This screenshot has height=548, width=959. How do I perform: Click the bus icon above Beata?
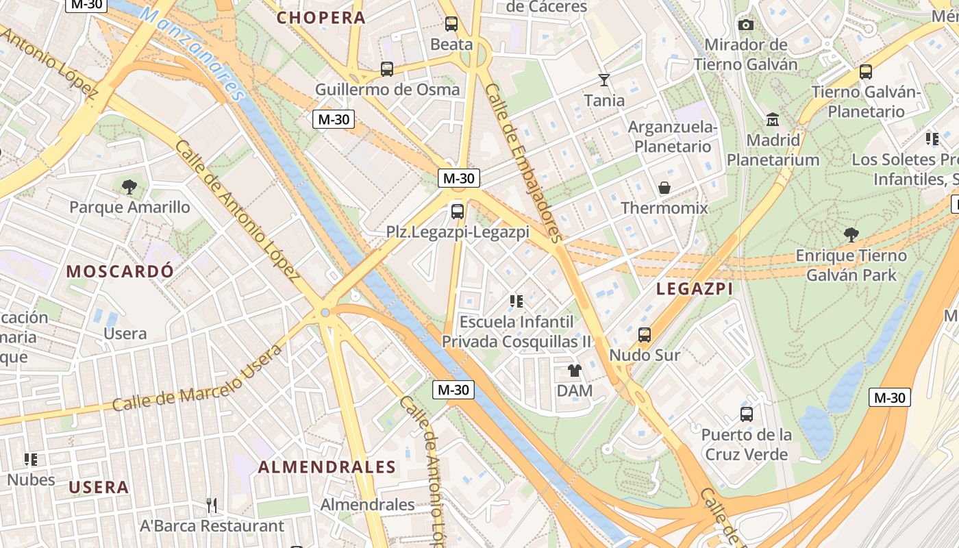pyautogui.click(x=451, y=24)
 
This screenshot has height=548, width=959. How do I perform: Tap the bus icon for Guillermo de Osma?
pyautogui.click(x=386, y=69)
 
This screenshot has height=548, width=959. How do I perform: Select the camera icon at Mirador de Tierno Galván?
pyautogui.click(x=746, y=25)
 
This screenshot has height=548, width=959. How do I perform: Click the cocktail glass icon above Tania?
pyautogui.click(x=603, y=80)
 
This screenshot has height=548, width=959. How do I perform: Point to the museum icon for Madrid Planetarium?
pyautogui.click(x=773, y=120)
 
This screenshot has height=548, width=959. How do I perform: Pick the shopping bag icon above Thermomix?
pyautogui.click(x=664, y=188)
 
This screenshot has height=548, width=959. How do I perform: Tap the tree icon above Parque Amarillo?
pyautogui.click(x=129, y=186)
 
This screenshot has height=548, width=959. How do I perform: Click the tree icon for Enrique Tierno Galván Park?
pyautogui.click(x=851, y=235)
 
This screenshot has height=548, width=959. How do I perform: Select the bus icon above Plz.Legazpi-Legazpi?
pyautogui.click(x=458, y=211)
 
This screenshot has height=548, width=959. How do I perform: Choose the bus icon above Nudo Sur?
pyautogui.click(x=644, y=335)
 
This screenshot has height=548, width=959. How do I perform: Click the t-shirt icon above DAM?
pyautogui.click(x=574, y=371)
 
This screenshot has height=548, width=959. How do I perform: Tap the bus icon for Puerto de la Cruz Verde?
pyautogui.click(x=746, y=414)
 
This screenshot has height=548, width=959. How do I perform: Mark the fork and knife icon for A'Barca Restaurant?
pyautogui.click(x=212, y=506)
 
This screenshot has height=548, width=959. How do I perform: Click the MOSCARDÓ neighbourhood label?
pyautogui.click(x=120, y=271)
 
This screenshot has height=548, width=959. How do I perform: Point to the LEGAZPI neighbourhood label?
pyautogui.click(x=695, y=289)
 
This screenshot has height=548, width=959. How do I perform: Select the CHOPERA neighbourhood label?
pyautogui.click(x=321, y=18)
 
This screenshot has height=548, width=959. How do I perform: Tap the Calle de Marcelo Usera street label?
pyautogui.click(x=197, y=379)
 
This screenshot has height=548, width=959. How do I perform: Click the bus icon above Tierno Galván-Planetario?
pyautogui.click(x=865, y=71)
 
